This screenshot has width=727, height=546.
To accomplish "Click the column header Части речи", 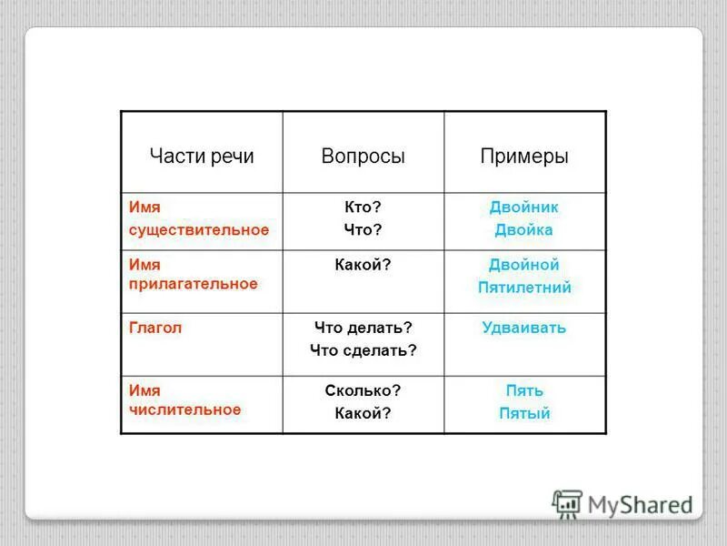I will (202, 156).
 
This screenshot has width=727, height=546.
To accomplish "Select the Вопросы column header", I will (363, 156).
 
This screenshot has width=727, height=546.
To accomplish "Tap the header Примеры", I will (524, 156).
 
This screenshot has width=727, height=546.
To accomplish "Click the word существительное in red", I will (199, 229).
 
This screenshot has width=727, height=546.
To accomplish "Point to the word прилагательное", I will (194, 284).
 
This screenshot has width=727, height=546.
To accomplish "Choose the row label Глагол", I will (155, 328).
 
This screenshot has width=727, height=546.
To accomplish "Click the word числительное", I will (185, 409).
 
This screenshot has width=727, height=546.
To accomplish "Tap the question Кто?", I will (363, 207).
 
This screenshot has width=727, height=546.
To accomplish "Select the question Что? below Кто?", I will (363, 230).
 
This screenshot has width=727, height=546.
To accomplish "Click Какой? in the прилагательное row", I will (363, 265).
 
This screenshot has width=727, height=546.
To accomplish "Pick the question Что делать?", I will (363, 328).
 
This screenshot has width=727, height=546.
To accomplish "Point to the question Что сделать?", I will (363, 349).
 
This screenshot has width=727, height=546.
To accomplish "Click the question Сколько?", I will (363, 390).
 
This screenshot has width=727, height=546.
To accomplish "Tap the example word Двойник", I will (524, 207).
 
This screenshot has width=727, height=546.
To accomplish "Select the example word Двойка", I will (524, 230).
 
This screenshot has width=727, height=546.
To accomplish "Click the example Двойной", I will (524, 265).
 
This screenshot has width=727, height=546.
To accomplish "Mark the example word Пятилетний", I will (524, 288).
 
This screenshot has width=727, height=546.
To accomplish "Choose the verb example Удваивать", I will (524, 328).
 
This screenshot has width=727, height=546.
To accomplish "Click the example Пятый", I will (524, 413).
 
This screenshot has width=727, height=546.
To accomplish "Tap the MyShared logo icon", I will (568, 504).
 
